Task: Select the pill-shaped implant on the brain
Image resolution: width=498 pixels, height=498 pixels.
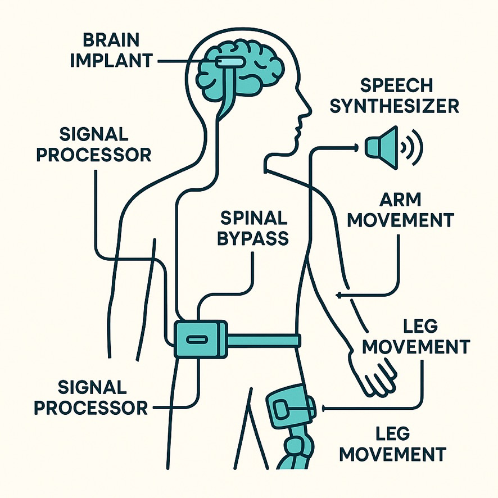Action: pyautogui.click(x=228, y=60)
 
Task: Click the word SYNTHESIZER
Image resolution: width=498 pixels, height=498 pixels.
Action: pyautogui.click(x=394, y=105)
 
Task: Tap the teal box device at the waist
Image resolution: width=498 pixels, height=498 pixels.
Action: pyautogui.click(x=200, y=338)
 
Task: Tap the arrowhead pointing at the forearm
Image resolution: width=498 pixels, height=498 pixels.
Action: pyautogui.click(x=338, y=295)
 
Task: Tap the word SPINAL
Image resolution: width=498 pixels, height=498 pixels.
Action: pyautogui.click(x=255, y=218)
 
